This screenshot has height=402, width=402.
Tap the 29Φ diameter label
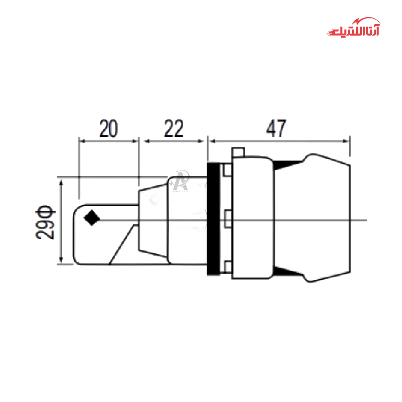coord(45,222)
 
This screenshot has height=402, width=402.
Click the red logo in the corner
coord(353,27)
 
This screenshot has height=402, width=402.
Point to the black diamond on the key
coord(92,218)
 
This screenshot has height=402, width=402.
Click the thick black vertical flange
coord(213,219)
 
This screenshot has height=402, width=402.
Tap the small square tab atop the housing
coord(238,152)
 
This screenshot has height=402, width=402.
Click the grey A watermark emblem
coord(181,180)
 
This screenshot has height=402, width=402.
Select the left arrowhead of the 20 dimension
coord(82,141)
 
